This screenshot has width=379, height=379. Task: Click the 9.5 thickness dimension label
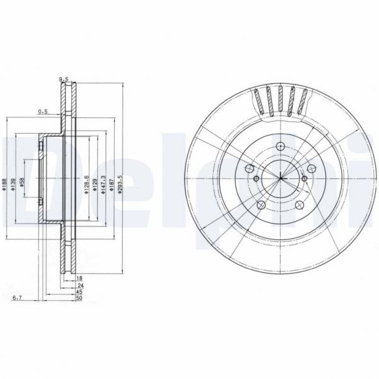click(x=63, y=79)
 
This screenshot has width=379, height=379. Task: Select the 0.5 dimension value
click(x=43, y=112)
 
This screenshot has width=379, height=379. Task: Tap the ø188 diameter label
click(x=5, y=184)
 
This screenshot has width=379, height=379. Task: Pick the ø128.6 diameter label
click(x=87, y=184)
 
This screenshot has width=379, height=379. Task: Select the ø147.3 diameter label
click(x=103, y=184)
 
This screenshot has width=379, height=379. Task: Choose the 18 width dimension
click(x=79, y=278)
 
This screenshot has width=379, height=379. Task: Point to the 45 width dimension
click(x=79, y=292)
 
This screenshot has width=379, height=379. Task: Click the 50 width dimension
click(x=79, y=299)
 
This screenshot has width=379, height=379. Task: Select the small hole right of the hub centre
click(x=304, y=179)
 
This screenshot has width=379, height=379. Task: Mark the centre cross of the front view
click(x=280, y=178)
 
